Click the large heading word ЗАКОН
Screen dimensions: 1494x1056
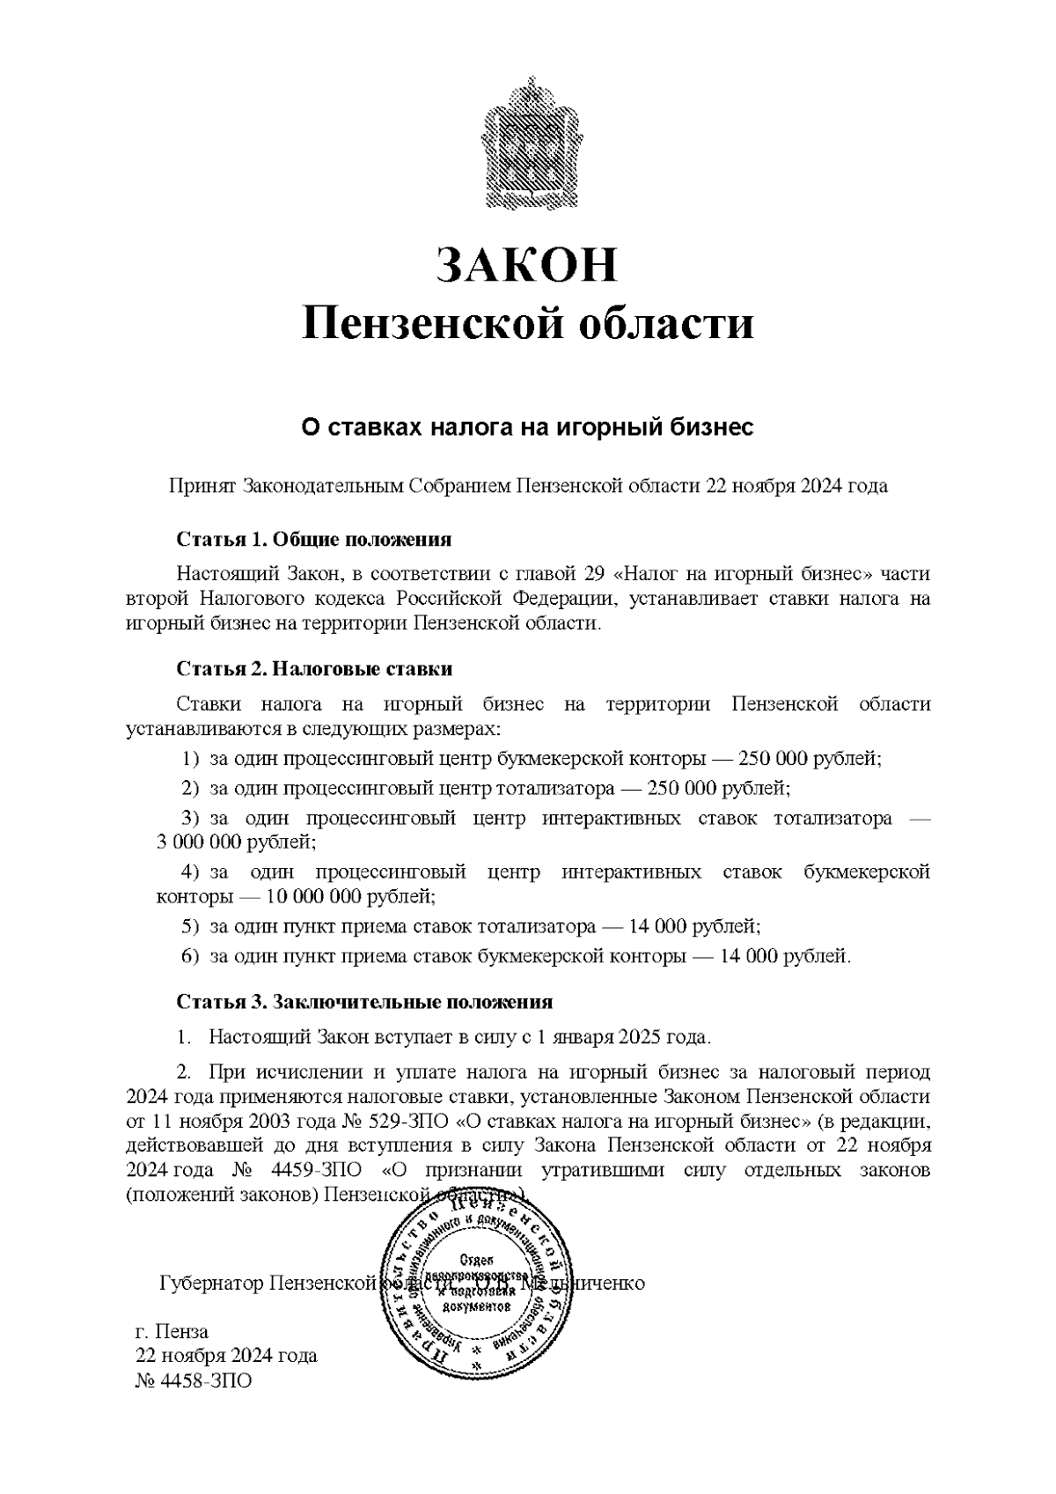[528, 264]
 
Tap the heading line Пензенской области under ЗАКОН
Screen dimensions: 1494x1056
[528, 323]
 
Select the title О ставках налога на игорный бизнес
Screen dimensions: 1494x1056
[528, 429]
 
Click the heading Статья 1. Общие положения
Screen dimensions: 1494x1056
[314, 539]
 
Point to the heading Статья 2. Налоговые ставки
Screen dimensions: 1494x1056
[314, 669]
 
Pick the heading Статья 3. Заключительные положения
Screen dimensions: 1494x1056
[364, 1002]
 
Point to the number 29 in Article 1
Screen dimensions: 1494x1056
[594, 574]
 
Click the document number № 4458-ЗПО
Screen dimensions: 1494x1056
[194, 1380]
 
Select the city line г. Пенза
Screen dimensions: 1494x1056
[172, 1331]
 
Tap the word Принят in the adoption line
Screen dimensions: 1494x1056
[202, 486]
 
